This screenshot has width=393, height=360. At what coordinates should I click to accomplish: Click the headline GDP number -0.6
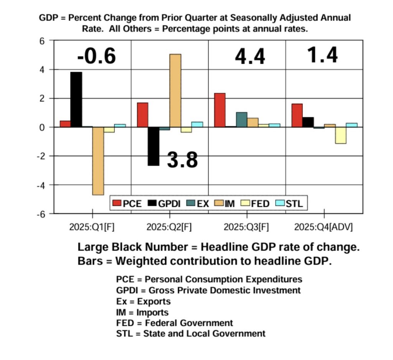(x=96, y=56)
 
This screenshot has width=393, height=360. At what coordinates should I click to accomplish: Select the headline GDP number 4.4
(x=250, y=57)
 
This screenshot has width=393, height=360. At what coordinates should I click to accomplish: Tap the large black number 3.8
(x=182, y=160)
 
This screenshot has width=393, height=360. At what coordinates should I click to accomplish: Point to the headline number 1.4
(x=322, y=55)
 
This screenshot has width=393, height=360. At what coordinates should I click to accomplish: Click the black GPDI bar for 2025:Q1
(x=76, y=99)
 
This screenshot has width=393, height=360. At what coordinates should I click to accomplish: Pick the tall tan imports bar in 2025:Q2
(x=175, y=90)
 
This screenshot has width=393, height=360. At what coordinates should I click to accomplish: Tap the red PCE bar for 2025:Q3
(x=220, y=110)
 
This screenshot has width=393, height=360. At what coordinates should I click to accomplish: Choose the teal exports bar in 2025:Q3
(x=241, y=119)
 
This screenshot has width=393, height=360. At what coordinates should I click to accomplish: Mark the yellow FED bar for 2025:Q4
(x=340, y=135)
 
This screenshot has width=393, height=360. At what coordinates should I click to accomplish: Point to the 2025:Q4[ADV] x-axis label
(x=324, y=227)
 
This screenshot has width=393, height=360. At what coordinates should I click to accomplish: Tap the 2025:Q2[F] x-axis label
(x=169, y=227)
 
